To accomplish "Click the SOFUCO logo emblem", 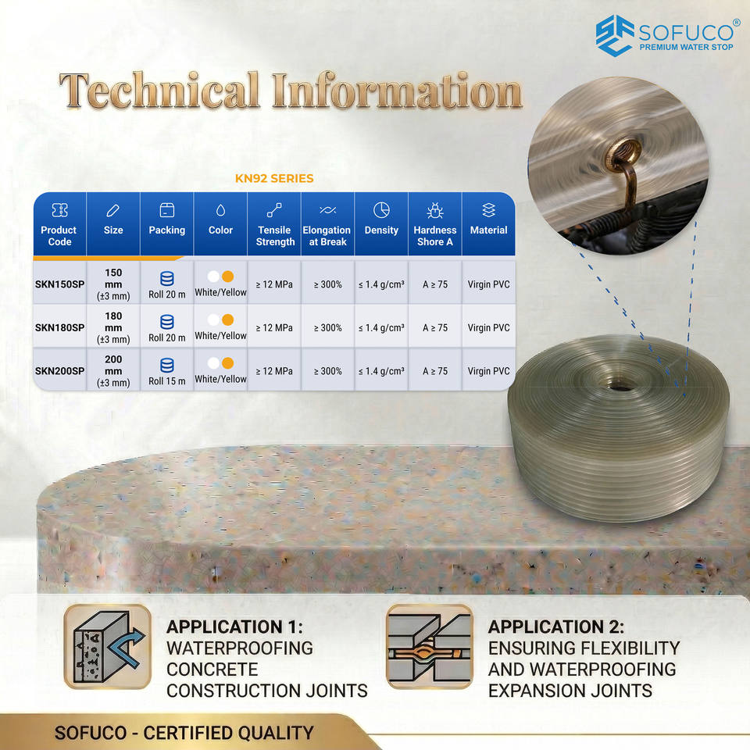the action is pyautogui.click(x=615, y=36).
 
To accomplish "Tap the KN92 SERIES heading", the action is pyautogui.click(x=274, y=178).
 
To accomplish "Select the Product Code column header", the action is pyautogui.click(x=59, y=224).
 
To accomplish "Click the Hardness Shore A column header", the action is pyautogui.click(x=435, y=224).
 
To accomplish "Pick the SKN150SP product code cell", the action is pyautogui.click(x=60, y=284).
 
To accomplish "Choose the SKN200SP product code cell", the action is pyautogui.click(x=60, y=370).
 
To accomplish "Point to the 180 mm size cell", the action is pyautogui.click(x=113, y=327).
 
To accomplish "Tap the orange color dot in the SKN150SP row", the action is pyautogui.click(x=227, y=277).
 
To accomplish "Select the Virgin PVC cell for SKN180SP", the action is pyautogui.click(x=488, y=327).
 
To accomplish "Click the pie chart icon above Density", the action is pyautogui.click(x=381, y=210).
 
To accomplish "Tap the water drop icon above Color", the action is pyautogui.click(x=220, y=210).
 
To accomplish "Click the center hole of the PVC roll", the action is pyautogui.click(x=621, y=386).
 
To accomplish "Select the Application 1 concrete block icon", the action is pyautogui.click(x=108, y=647).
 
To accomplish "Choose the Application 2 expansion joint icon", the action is pyautogui.click(x=430, y=647).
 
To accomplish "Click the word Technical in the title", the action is pyautogui.click(x=160, y=91).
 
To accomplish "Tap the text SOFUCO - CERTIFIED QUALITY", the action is pyautogui.click(x=184, y=733).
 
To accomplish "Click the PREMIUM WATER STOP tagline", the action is pyautogui.click(x=687, y=47).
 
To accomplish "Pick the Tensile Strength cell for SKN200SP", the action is pyautogui.click(x=274, y=370).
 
